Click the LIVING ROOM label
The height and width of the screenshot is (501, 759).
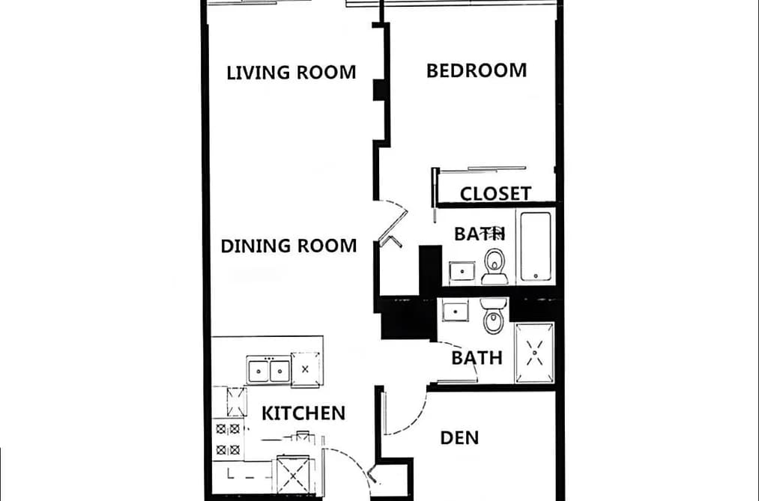pyautogui.click(x=291, y=73)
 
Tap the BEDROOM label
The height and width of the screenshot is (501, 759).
pyautogui.click(x=477, y=70)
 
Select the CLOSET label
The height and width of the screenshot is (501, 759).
pyautogui.click(x=495, y=193)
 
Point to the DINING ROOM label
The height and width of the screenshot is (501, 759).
pyautogui.click(x=288, y=246)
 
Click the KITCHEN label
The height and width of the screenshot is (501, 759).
pyautogui.click(x=303, y=413)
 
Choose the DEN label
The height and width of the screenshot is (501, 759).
pyautogui.click(x=459, y=438)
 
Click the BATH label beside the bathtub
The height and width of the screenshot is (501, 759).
pyautogui.click(x=480, y=234)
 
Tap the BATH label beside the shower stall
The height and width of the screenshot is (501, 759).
pyautogui.click(x=477, y=359)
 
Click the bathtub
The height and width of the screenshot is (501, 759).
pyautogui.click(x=536, y=246)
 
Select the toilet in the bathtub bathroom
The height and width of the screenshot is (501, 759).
pyautogui.click(x=495, y=266)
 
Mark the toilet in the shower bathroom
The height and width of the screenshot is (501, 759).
pyautogui.click(x=494, y=316)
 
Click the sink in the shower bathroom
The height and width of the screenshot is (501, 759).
pyautogui.click(x=456, y=310)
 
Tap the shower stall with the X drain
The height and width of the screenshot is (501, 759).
pyautogui.click(x=534, y=353)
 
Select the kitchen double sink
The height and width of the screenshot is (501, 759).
pyautogui.click(x=269, y=371)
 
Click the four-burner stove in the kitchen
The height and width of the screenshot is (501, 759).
pyautogui.click(x=228, y=439)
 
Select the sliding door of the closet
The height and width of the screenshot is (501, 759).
pyautogui.click(x=496, y=168)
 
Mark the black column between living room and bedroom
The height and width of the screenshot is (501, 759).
pyautogui.click(x=379, y=91)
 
